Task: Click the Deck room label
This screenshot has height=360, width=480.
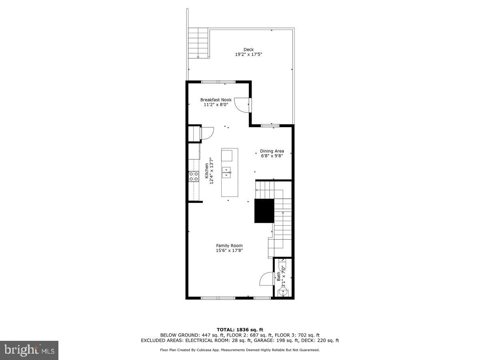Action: click(248, 50)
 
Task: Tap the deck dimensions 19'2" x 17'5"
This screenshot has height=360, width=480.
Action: click(248, 54)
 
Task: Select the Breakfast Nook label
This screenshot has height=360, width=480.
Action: click(216, 100)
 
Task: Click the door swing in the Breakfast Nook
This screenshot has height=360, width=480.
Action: click(241, 105)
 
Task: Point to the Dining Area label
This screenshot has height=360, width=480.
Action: click(272, 151)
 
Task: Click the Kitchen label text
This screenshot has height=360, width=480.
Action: click(207, 171)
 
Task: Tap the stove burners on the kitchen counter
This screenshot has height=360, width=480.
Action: click(194, 176)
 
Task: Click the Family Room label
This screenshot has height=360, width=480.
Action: click(229, 246)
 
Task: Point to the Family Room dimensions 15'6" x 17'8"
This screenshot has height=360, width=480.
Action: click(229, 251)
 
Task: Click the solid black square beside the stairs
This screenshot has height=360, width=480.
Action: click(264, 210)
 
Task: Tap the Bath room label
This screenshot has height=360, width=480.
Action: click(279, 276)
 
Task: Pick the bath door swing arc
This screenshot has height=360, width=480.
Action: click(266, 279)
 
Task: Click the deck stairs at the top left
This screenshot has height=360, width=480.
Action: click(199, 42)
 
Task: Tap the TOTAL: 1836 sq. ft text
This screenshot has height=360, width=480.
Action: click(240, 330)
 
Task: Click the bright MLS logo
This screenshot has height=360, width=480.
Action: click(29, 350)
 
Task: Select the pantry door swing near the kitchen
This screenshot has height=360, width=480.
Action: click(207, 133)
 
